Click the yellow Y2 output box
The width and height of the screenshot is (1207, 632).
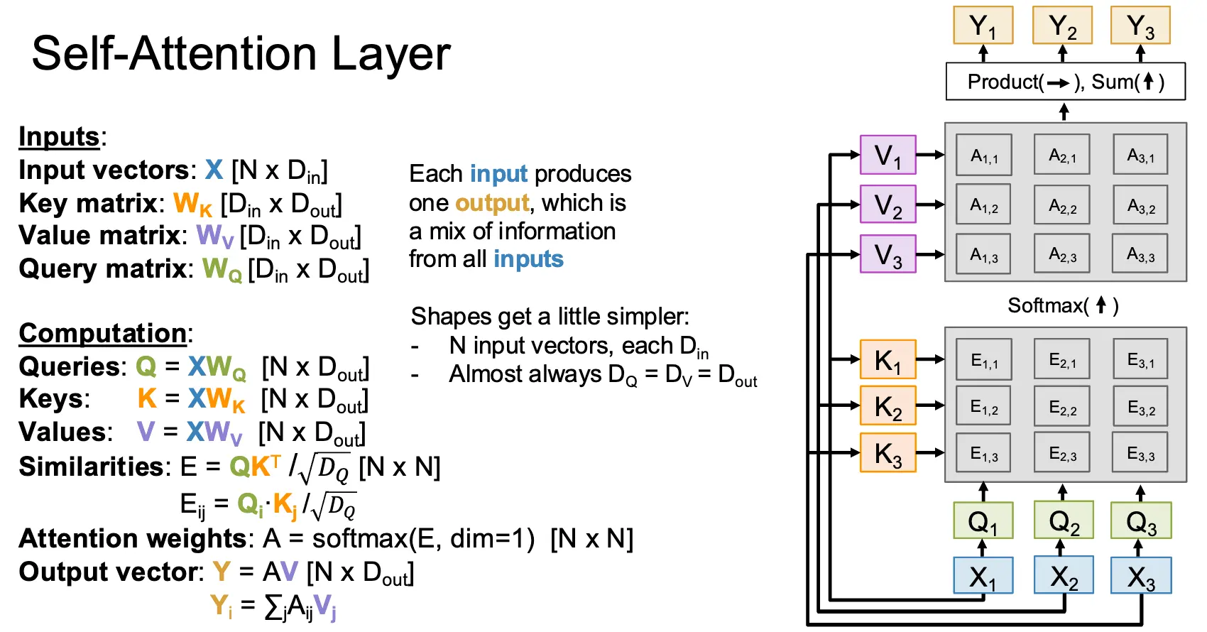1062,26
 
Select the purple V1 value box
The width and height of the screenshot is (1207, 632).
887,155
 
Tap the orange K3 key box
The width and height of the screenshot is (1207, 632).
887,453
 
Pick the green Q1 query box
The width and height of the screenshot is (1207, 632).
983,521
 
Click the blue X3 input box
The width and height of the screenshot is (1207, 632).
1140,576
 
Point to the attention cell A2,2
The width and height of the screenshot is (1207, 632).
1062,205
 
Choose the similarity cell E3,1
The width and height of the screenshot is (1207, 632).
1140,361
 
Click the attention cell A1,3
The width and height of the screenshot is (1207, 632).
984,254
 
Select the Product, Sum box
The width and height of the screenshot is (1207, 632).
1065,82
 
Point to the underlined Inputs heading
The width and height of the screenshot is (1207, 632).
59,136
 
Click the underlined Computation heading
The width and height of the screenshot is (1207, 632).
103,333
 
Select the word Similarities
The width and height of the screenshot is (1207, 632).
92,467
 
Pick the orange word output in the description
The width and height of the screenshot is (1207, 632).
492,203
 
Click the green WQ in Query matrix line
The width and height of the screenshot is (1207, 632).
222,270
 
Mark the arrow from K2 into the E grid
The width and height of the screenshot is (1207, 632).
930,405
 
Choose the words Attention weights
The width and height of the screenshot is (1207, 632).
133,539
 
